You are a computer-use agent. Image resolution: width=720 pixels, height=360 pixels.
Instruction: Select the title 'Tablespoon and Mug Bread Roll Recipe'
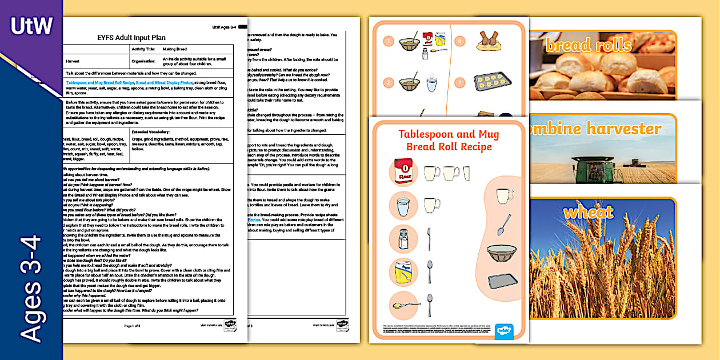[449, 141]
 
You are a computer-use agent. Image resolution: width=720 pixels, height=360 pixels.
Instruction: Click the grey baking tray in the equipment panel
[499, 281]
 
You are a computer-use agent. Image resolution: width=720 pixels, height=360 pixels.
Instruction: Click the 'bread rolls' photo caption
[588, 45]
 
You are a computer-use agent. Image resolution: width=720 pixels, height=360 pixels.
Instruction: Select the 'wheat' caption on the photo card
[588, 213]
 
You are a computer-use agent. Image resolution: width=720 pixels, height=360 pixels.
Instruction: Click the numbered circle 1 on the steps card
[389, 41]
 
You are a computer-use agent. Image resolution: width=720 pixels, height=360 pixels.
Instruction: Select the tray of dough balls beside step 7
[493, 82]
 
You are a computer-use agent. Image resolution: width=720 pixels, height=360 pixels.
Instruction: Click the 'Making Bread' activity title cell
[175, 49]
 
